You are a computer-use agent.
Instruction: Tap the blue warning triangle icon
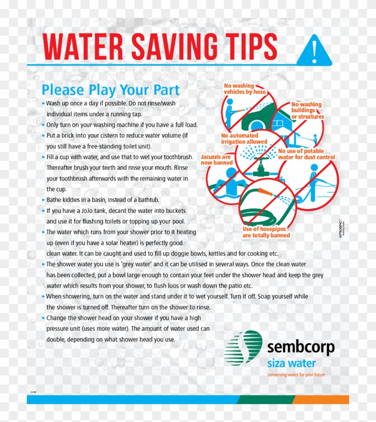click(314, 51)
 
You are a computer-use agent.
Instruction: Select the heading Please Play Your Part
click(111, 89)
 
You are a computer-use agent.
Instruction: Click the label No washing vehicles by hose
click(244, 89)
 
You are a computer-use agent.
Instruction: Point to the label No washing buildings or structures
click(307, 110)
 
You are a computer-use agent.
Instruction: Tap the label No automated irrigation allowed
click(244, 139)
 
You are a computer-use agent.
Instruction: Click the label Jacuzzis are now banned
click(217, 160)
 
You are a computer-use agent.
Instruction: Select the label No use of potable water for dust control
click(306, 154)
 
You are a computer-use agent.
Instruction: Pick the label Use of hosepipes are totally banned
click(266, 232)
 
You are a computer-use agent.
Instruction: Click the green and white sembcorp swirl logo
click(243, 348)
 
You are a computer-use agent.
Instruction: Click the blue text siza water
click(291, 363)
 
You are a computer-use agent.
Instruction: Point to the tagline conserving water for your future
click(296, 375)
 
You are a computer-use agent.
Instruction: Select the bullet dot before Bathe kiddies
click(43, 200)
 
